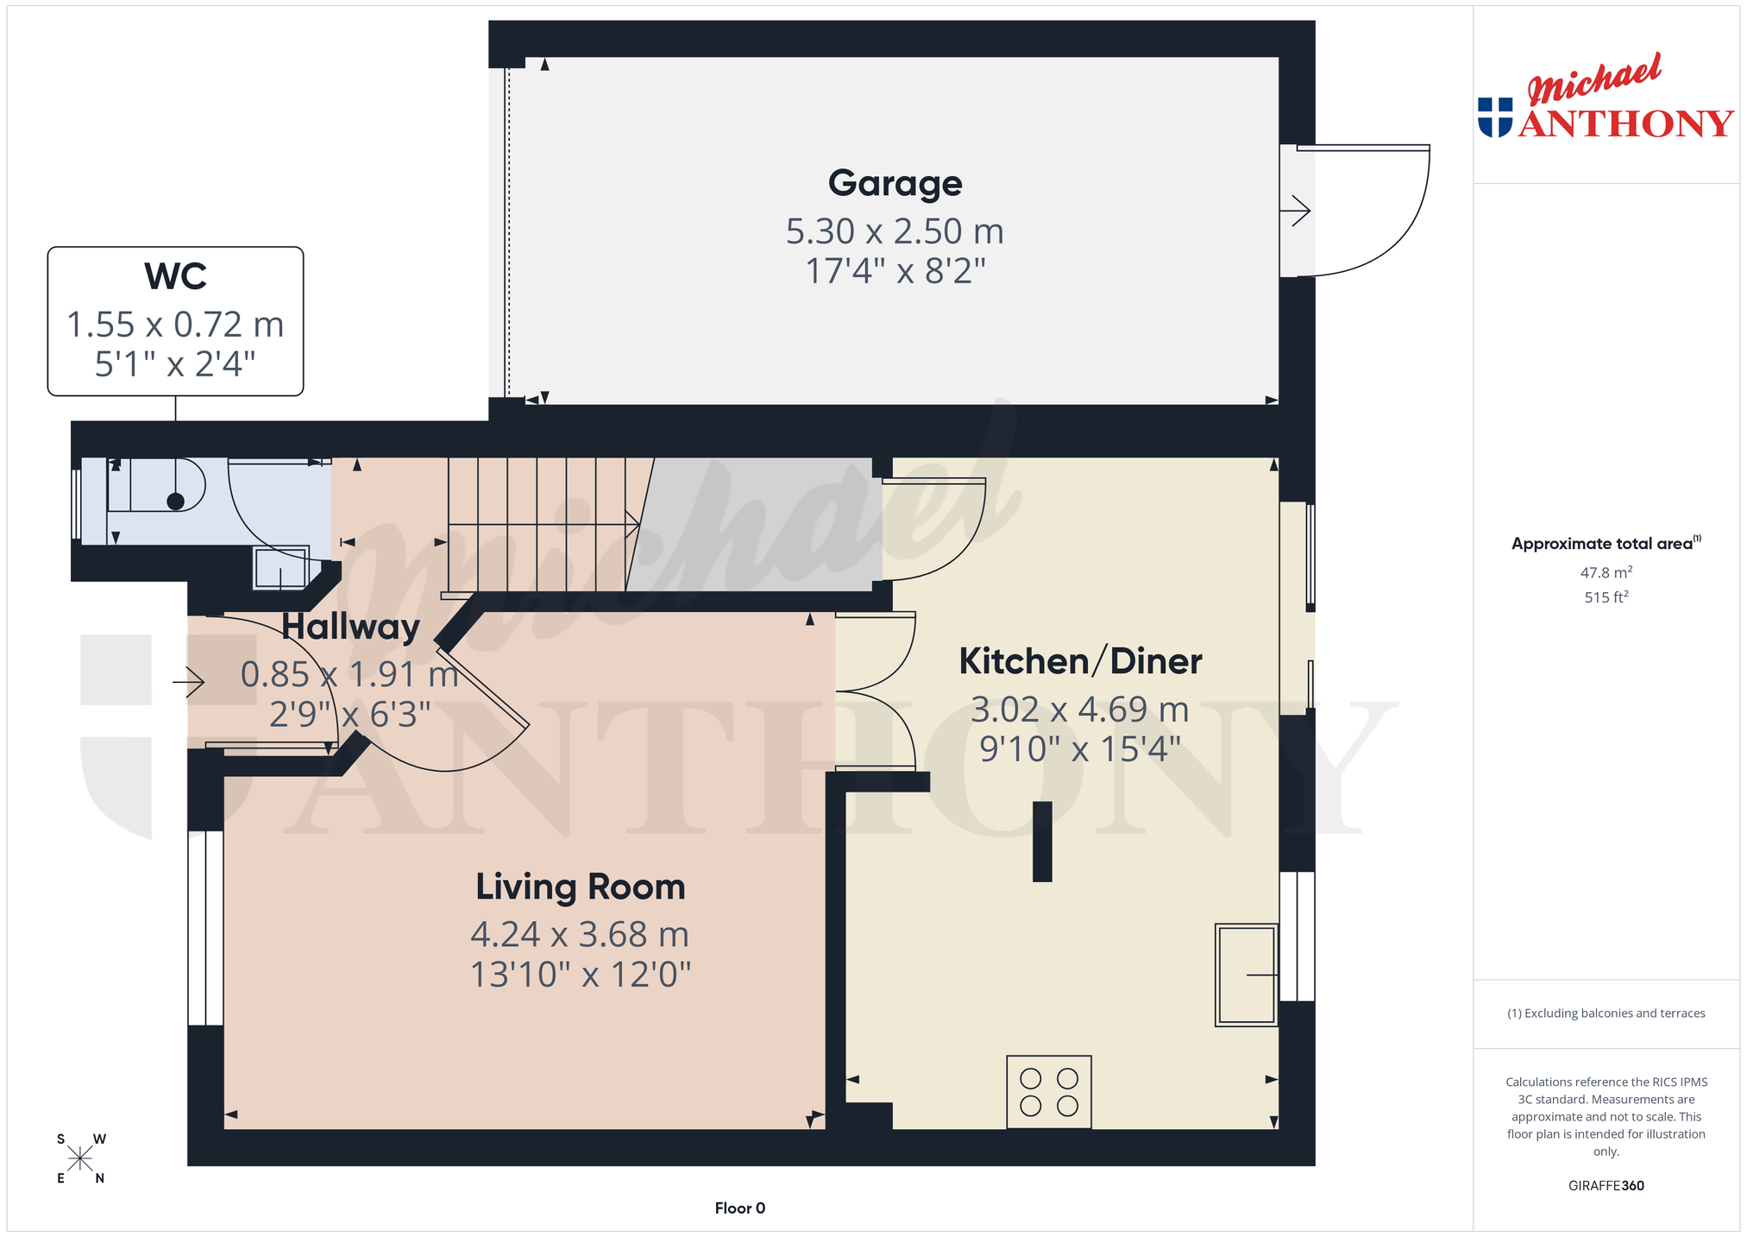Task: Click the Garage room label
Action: [x=895, y=184]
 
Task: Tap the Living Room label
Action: [x=581, y=887]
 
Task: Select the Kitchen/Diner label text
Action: [x=1080, y=661]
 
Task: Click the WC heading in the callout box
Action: [x=175, y=276]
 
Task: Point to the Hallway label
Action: [x=350, y=627]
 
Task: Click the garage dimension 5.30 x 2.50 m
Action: [x=895, y=231]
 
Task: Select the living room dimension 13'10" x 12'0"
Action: [x=581, y=975]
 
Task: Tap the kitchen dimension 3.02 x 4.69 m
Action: [x=1080, y=710]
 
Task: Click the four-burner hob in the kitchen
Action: [x=1049, y=1092]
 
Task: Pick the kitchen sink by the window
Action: [x=1247, y=975]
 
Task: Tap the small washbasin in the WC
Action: [x=281, y=568]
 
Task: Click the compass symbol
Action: [x=80, y=1158]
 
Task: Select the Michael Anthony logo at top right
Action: [x=1606, y=97]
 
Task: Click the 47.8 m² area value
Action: [x=1606, y=572]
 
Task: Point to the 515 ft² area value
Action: [x=1606, y=597]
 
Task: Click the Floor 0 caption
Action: [x=740, y=1209]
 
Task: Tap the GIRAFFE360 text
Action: [x=1606, y=1186]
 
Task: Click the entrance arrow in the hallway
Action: [x=188, y=683]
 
